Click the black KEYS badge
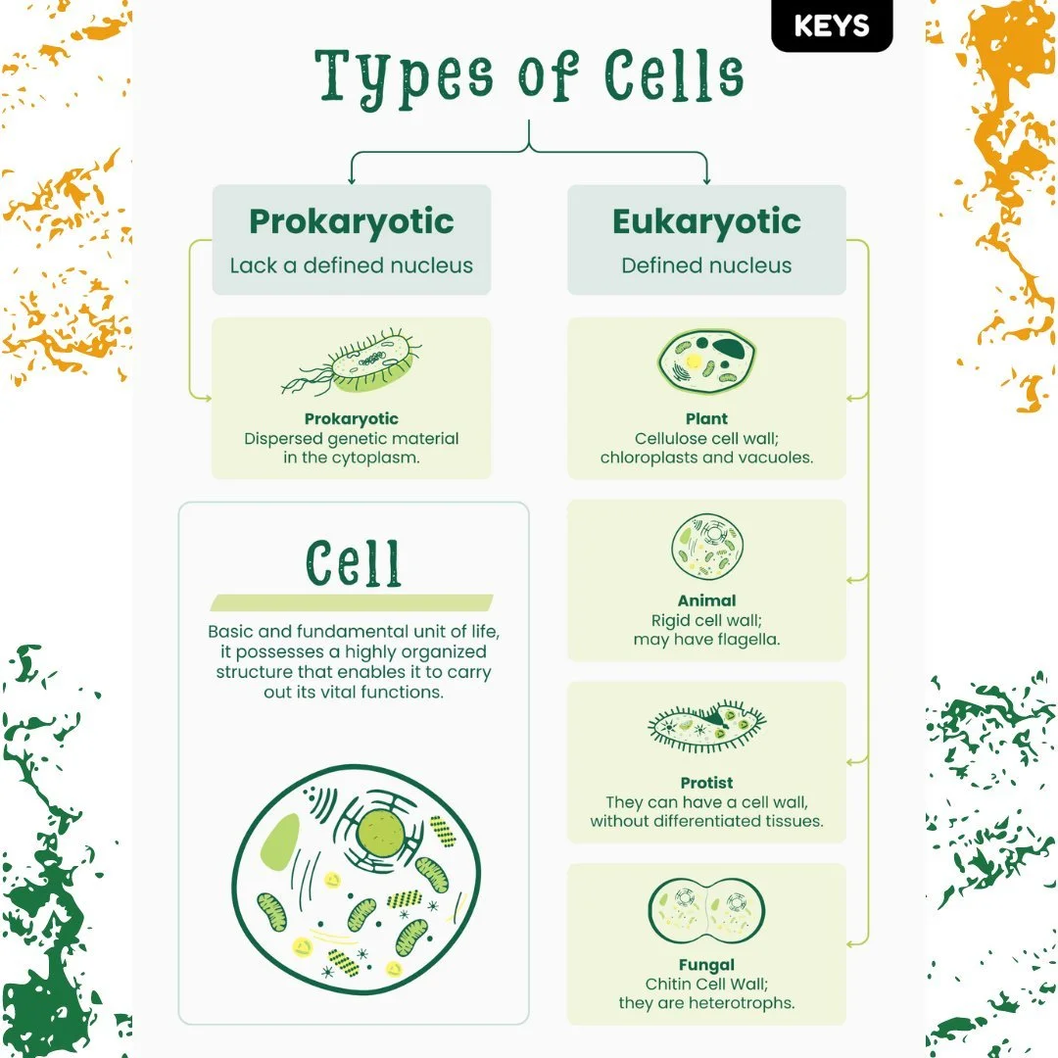pyautogui.click(x=832, y=26)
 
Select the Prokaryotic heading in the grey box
pyautogui.click(x=351, y=221)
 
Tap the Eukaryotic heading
pyautogui.click(x=706, y=221)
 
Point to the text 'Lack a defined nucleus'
pyautogui.click(x=351, y=265)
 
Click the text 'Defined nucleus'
pyautogui.click(x=706, y=265)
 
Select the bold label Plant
pyautogui.click(x=706, y=419)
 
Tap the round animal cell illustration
pyautogui.click(x=706, y=548)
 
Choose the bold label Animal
pyautogui.click(x=706, y=601)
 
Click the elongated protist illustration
pyautogui.click(x=706, y=726)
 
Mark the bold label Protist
pyautogui.click(x=706, y=783)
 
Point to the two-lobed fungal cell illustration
pyautogui.click(x=706, y=911)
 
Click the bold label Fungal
pyautogui.click(x=706, y=965)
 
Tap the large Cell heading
pyautogui.click(x=353, y=563)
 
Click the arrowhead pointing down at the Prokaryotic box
pyautogui.click(x=351, y=179)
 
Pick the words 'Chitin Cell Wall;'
pyautogui.click(x=706, y=984)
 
